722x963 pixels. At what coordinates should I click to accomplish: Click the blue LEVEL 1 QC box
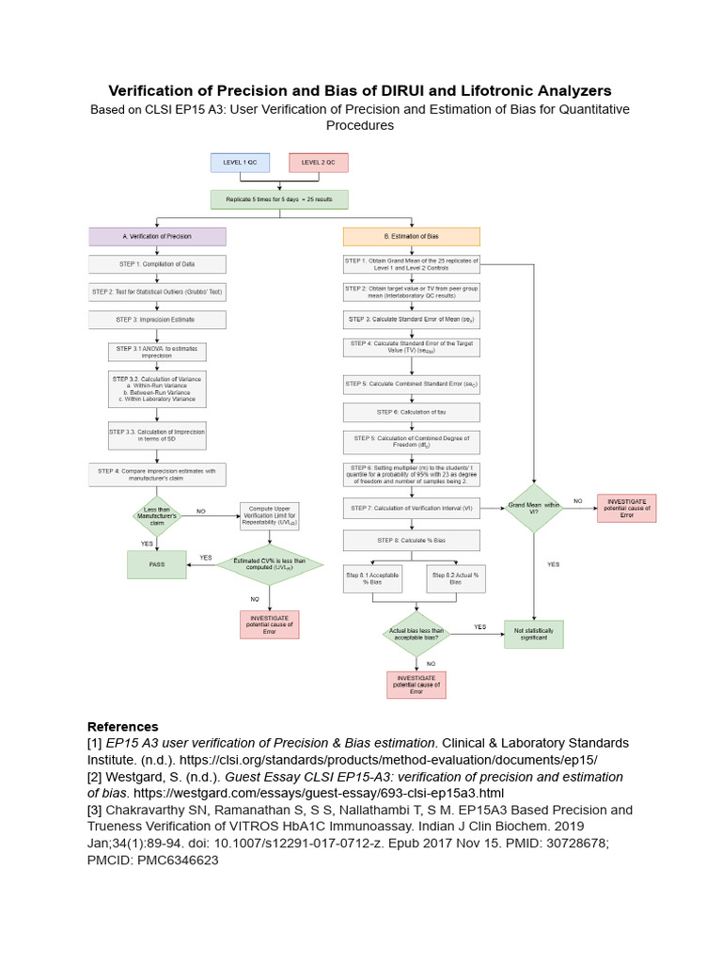pos(240,163)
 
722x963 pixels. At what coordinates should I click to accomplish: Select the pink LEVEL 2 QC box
pos(319,163)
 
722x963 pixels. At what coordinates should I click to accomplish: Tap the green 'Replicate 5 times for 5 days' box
pos(279,199)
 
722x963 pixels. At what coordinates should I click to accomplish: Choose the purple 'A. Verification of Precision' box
pos(158,236)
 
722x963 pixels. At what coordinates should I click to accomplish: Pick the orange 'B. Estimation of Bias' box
pos(412,236)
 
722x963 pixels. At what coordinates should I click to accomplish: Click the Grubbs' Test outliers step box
pos(158,292)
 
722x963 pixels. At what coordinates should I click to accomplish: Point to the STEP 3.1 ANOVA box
pos(158,352)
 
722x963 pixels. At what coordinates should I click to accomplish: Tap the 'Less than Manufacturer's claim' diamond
pos(158,515)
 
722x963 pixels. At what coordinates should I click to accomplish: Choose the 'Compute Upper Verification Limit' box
pos(270,516)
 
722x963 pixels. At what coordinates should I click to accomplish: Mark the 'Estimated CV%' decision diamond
pos(270,564)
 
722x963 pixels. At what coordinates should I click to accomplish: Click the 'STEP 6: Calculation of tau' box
pos(412,412)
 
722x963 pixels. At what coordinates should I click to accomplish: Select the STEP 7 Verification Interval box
pos(412,508)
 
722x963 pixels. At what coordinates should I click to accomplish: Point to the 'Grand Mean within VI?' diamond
pos(534,510)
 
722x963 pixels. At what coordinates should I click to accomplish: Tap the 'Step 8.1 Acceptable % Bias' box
pos(372,578)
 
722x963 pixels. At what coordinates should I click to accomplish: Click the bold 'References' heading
pos(123,726)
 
